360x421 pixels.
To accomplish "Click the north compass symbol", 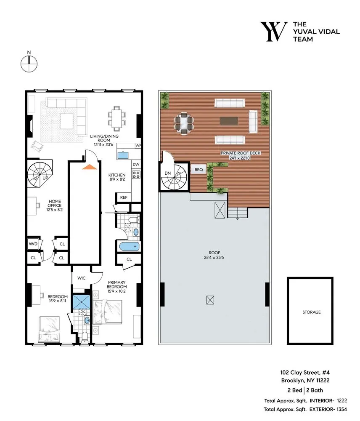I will [x=29, y=63].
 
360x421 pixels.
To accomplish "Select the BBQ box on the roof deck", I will [x=198, y=170].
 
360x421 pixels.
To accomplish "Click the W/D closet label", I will [x=33, y=244].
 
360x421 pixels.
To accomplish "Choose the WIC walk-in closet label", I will [x=81, y=278].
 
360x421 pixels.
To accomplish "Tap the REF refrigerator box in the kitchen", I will [x=124, y=197].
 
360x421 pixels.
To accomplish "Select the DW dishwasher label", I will [x=136, y=164].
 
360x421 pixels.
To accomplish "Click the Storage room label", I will [x=311, y=312].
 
